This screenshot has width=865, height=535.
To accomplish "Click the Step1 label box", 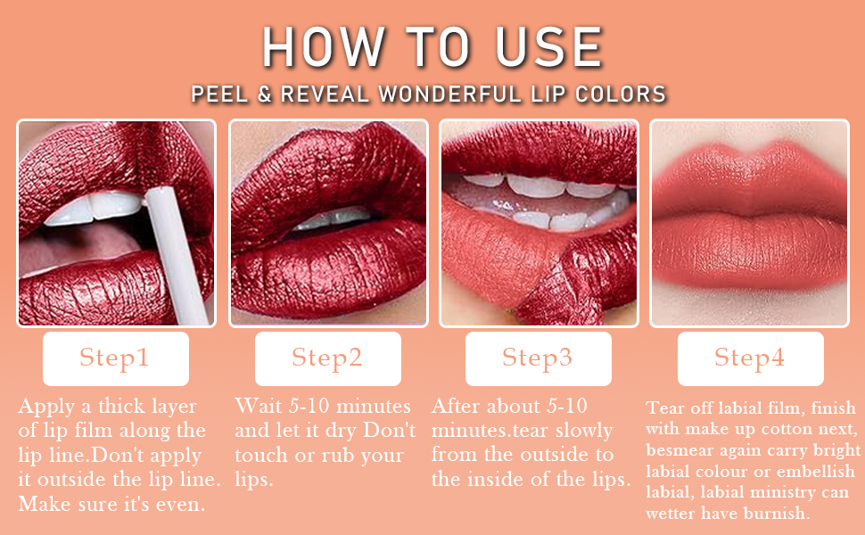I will coord(115,358).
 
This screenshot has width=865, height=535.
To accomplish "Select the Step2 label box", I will coord(327,358).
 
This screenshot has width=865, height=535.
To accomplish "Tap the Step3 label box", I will coord(538,358).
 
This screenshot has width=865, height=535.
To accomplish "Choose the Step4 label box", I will coord(750,358).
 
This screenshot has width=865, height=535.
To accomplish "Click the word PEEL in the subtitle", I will coord(218,95).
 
